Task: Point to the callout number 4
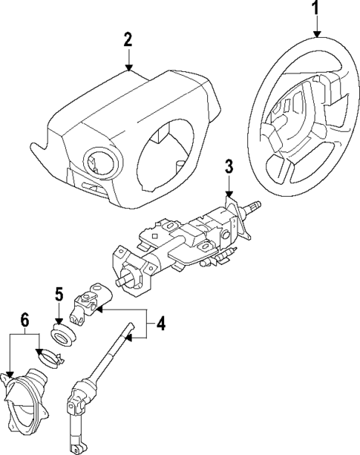pyautogui.click(x=160, y=324)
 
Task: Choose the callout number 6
pyautogui.click(x=24, y=320)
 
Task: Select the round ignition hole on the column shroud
pyautogui.click(x=98, y=160)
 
